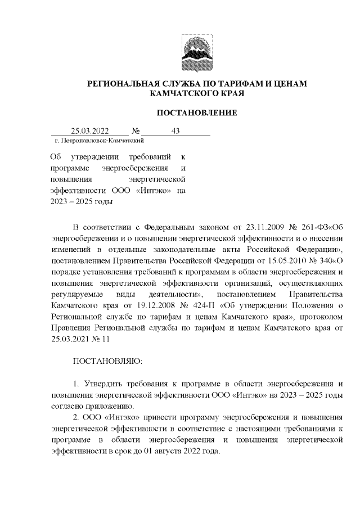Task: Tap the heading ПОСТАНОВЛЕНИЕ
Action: click(x=196, y=112)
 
